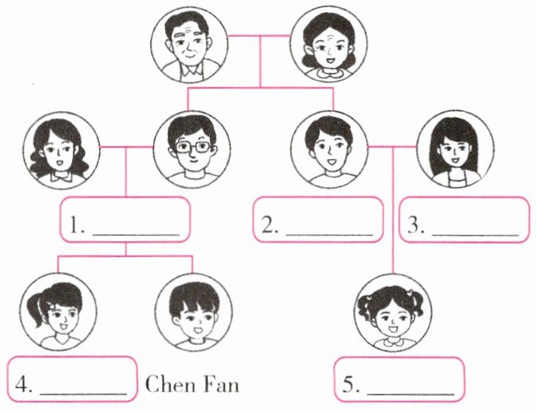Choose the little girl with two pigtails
click(392, 312)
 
